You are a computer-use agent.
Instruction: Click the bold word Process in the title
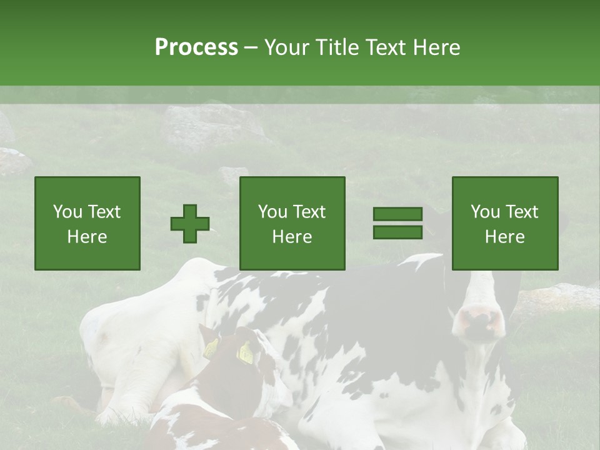(x=196, y=47)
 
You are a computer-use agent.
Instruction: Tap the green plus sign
(x=190, y=224)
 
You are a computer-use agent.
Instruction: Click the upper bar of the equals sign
(x=397, y=214)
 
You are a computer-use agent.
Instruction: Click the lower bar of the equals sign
(x=397, y=232)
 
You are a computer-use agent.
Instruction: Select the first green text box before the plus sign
(x=87, y=223)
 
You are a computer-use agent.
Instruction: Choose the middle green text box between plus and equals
(x=292, y=223)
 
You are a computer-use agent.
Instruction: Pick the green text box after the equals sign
(x=505, y=223)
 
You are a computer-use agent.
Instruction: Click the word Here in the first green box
(x=87, y=237)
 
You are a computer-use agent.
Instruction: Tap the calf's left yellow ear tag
(x=211, y=347)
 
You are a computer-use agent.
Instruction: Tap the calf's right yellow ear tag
(x=246, y=354)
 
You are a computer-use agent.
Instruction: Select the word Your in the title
(x=287, y=47)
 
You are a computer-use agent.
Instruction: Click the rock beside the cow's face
(x=556, y=297)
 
